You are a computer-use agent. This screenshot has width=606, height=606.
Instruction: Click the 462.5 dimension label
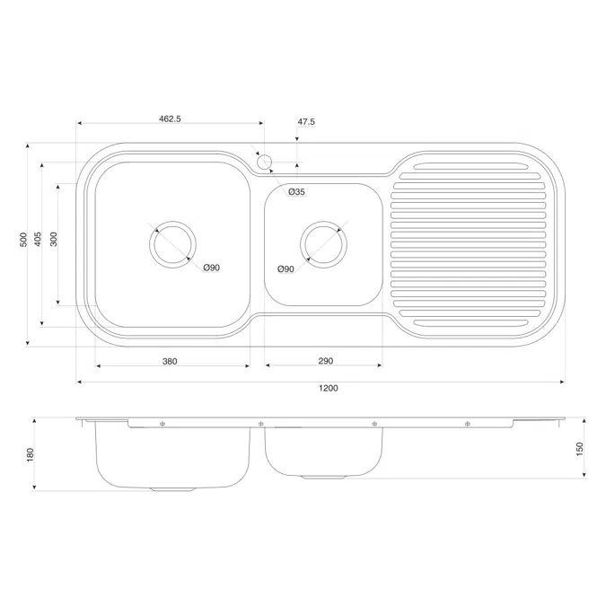pos(170,119)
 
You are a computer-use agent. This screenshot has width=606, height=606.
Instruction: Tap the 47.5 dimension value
pos(306,121)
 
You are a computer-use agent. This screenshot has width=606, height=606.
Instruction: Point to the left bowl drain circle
pos(173,244)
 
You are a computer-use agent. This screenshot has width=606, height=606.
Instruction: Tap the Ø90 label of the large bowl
pos(212,268)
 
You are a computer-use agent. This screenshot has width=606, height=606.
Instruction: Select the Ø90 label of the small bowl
pos(286,269)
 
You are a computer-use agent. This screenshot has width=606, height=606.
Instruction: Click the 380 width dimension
pos(170,362)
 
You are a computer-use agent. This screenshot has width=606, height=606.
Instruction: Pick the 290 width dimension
pos(325,362)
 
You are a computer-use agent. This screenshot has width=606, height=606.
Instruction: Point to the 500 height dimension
pos(23,240)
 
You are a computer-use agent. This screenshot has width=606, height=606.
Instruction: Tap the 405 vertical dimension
pos(38,240)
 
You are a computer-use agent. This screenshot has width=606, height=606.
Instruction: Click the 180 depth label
pos(31,455)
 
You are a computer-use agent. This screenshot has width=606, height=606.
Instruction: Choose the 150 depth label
pos(580,447)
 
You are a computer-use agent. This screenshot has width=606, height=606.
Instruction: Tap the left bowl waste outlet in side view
pos(173,489)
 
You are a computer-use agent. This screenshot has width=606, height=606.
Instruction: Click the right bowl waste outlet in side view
pos(324,476)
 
